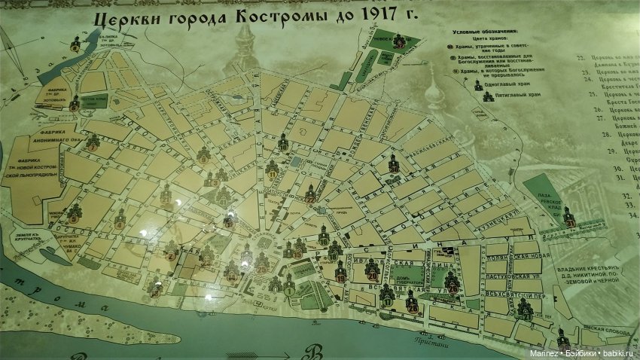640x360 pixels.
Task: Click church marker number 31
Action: point(569,218)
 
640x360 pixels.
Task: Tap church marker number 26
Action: point(453,283)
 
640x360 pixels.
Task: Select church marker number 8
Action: point(74,214)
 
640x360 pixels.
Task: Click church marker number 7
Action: point(93,143)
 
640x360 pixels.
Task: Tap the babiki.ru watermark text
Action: point(618,353)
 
